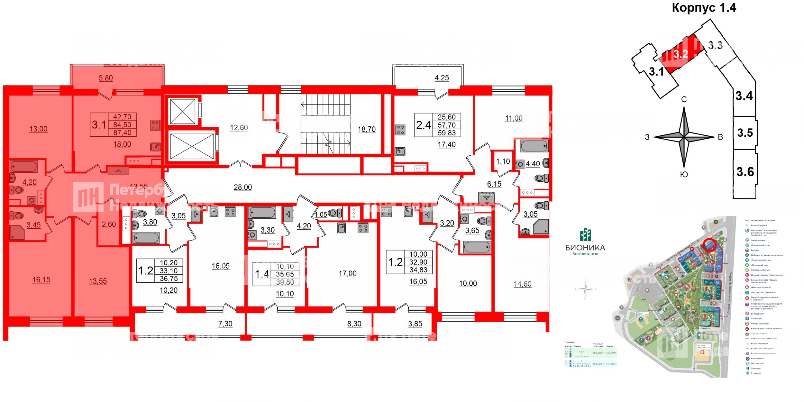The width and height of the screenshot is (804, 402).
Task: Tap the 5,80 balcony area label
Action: click(106, 78)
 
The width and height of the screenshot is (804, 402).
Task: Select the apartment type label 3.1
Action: click(99, 125)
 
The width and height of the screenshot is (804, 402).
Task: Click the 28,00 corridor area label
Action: click(243, 187)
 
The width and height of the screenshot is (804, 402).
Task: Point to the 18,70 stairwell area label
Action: click(367, 129)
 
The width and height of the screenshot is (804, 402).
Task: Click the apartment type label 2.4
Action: click(423, 125)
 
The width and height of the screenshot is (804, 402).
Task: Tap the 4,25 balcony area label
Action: click(442, 78)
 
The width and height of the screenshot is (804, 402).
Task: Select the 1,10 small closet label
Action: click(503, 161)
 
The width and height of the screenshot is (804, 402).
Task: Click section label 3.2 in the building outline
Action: click(681, 54)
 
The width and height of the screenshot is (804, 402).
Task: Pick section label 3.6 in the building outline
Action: click(745, 172)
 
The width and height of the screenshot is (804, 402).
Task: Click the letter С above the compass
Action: click(684, 100)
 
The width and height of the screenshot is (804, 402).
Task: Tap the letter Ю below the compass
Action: click(684, 175)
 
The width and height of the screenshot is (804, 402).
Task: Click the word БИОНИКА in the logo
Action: click(585, 248)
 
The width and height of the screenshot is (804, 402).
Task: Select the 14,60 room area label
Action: click(523, 284)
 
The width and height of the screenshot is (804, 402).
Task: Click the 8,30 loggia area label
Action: click(354, 324)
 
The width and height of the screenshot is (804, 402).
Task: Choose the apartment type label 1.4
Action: click(262, 274)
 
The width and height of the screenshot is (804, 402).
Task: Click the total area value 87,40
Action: click(122, 132)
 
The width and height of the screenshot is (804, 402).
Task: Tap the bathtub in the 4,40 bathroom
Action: click(534, 146)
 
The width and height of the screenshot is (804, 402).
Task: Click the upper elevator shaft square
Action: click(182, 112)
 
